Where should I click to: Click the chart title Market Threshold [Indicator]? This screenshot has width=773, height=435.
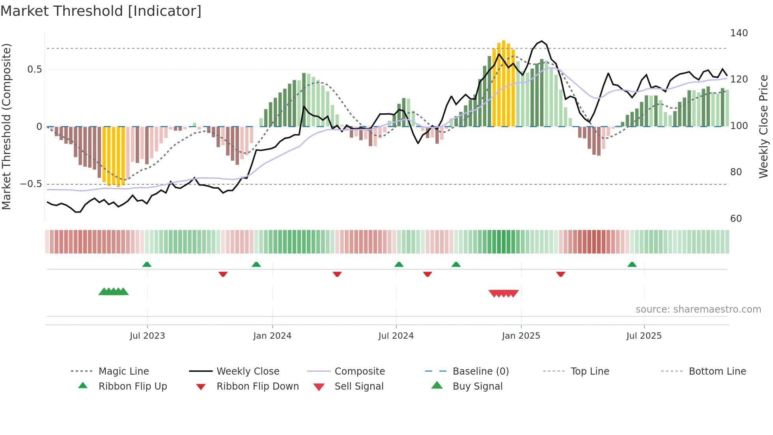point(101,11)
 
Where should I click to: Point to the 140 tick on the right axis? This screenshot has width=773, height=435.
point(739,33)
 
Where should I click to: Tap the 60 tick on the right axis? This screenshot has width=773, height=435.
point(736,219)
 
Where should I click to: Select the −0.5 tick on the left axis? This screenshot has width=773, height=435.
point(31,184)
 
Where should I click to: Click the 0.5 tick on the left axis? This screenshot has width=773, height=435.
point(34,69)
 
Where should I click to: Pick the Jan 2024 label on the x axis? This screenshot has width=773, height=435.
point(272,336)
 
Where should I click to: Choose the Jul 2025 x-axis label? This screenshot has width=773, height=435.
point(644,336)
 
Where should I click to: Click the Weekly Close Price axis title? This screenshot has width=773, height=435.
point(764,126)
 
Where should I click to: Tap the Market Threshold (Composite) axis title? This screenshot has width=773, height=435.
point(6,126)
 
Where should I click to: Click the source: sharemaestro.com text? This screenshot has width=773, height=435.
point(698,309)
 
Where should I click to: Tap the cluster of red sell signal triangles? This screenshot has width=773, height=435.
point(504,293)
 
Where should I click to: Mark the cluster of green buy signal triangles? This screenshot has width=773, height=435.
point(114,292)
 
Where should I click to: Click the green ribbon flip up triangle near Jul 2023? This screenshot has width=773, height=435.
point(147,264)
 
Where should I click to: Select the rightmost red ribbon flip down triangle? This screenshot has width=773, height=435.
point(561,274)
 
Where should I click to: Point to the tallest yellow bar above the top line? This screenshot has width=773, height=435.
point(504,83)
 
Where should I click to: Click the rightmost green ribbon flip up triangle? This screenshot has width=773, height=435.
point(632,264)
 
